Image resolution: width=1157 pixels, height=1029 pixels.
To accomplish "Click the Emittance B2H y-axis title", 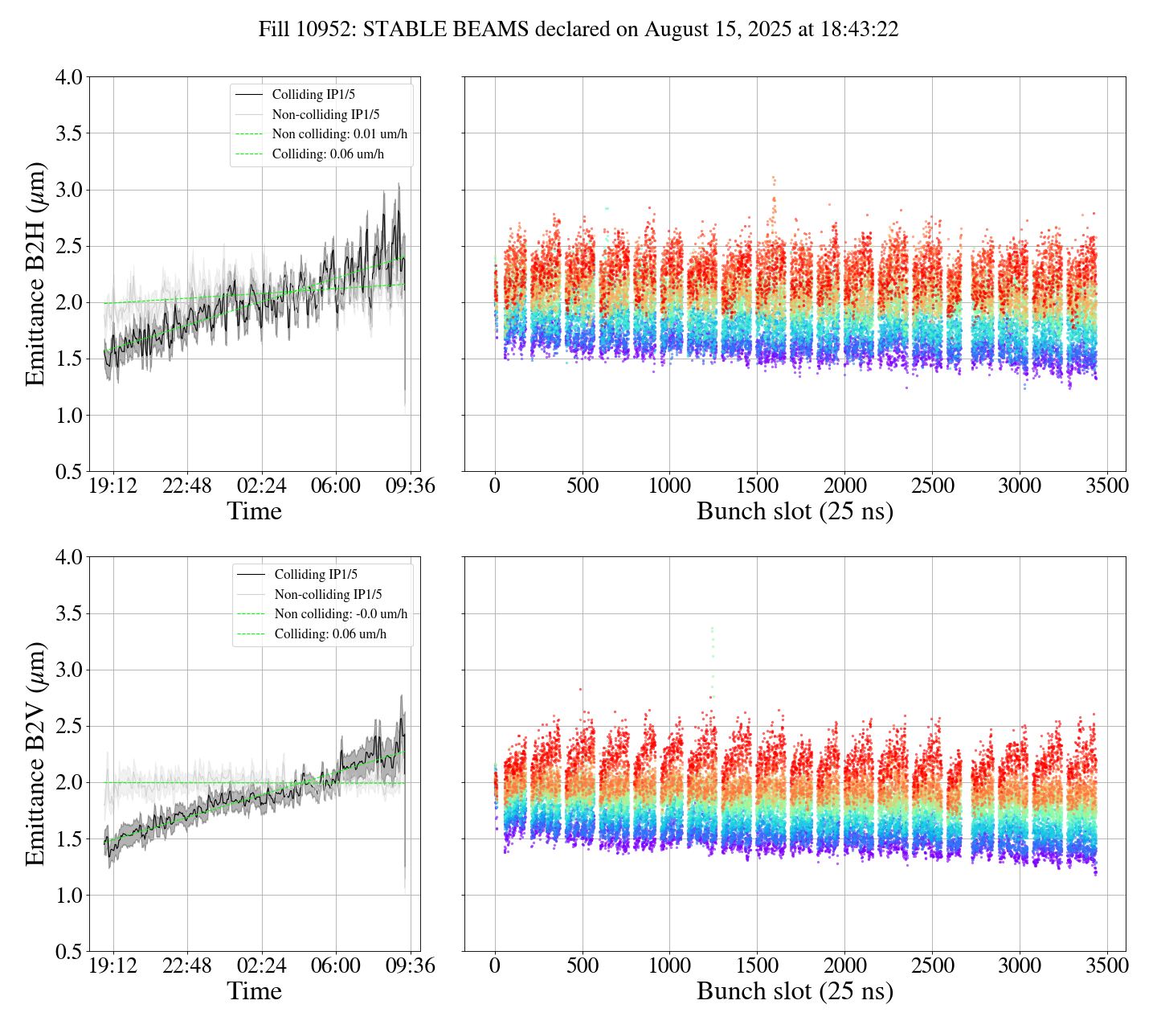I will tap(35, 274).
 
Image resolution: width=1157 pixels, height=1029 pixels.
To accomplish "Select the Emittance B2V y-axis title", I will tap(35, 754).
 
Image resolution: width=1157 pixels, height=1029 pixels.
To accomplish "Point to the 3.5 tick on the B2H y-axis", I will tap(68, 133).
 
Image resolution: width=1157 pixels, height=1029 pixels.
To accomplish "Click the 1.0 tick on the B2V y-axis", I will tap(68, 896).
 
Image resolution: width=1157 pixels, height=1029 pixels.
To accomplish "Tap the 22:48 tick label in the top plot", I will tap(187, 486).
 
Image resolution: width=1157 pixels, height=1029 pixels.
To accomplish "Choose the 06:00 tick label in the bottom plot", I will tap(336, 965).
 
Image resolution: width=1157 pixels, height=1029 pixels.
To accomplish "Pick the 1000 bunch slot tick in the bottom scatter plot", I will tap(670, 965).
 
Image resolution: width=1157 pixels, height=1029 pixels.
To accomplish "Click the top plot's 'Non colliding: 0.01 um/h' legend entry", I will tap(339, 134).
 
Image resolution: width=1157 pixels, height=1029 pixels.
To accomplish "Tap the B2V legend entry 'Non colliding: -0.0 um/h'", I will tap(341, 614).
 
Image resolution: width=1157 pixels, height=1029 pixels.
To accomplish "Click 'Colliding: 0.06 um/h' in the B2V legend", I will tap(330, 634).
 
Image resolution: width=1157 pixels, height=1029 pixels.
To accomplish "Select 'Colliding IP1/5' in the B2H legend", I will tap(313, 95).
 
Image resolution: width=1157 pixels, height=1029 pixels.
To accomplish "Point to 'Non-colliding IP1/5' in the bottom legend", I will tap(328, 595).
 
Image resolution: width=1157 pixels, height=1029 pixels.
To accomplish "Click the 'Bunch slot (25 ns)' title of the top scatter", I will tap(795, 512).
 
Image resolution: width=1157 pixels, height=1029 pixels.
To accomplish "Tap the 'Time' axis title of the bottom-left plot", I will tap(255, 991).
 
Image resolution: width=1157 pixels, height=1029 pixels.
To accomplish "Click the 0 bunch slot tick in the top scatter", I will tap(495, 486).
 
